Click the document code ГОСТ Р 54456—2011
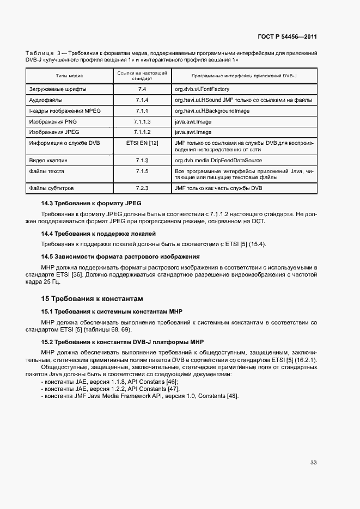click(288, 37)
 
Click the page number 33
click(314, 463)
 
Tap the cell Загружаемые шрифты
click(57, 89)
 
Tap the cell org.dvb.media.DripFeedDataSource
click(218, 161)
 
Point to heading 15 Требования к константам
click(92, 298)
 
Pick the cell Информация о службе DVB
click(64, 143)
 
